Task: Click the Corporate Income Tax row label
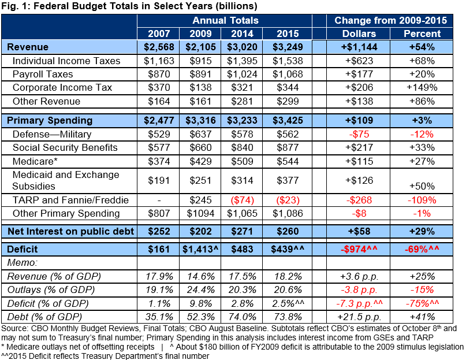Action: click(x=62, y=88)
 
